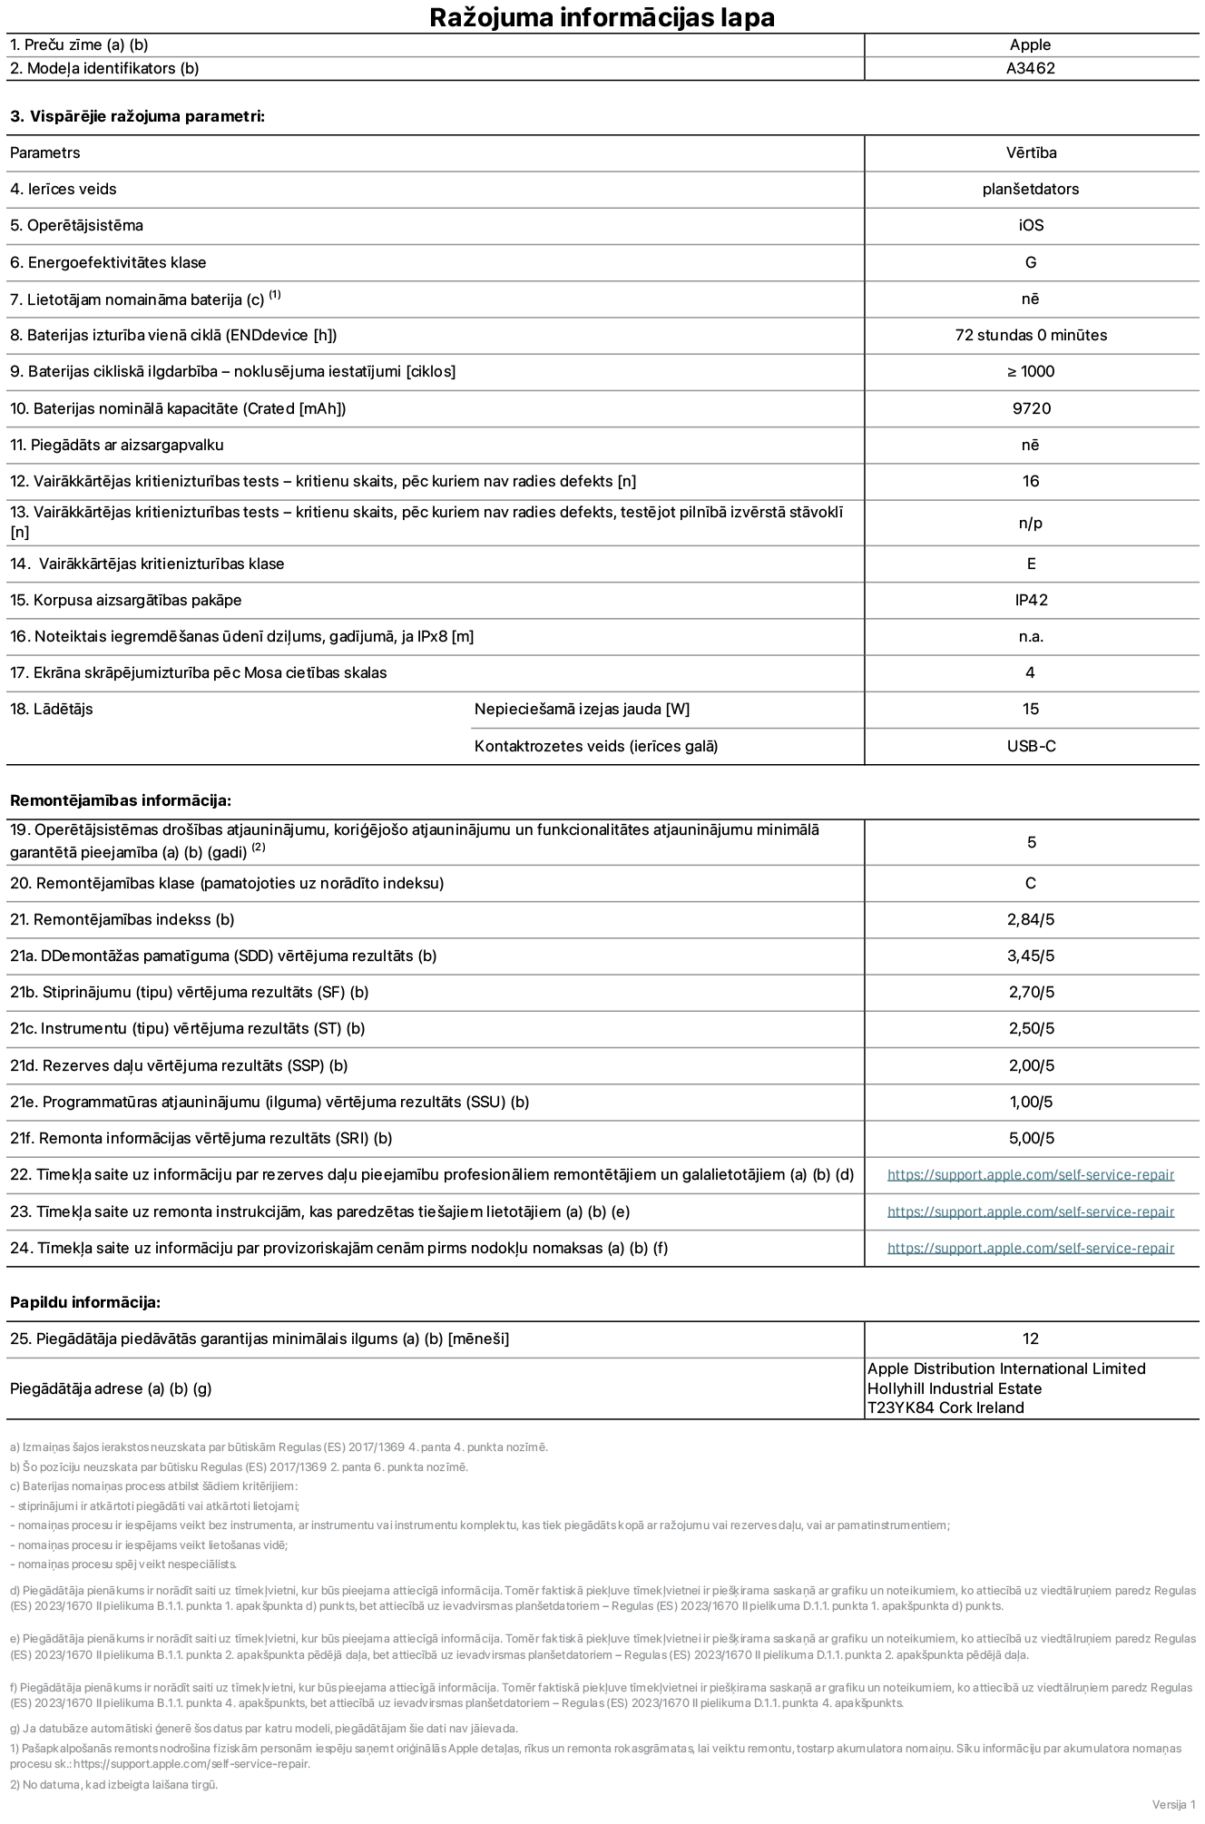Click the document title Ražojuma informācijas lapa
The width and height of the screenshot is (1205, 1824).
tap(602, 17)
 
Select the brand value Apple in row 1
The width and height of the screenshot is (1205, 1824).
tap(1030, 44)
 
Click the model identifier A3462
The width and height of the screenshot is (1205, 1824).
tap(1030, 68)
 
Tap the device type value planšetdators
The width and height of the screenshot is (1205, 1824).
tap(1030, 189)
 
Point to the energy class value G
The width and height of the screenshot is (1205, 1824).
tap(1030, 262)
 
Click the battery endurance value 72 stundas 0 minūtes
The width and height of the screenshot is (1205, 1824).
tap(1030, 335)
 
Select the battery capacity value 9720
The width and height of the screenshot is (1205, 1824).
tap(1031, 408)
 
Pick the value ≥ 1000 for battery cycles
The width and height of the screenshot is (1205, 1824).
tap(1030, 371)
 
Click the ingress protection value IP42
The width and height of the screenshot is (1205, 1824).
tap(1031, 600)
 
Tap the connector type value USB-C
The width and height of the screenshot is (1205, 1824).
tap(1031, 746)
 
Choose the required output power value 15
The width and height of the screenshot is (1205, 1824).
tap(1030, 709)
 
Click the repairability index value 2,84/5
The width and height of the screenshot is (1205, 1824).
tap(1031, 919)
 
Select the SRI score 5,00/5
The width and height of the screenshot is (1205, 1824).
tap(1031, 1138)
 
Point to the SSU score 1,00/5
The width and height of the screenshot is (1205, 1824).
tap(1031, 1102)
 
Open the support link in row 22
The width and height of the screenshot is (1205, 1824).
tap(1030, 1174)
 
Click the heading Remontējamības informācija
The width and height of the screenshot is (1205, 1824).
tap(121, 800)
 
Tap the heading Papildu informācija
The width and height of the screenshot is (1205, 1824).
tap(85, 1302)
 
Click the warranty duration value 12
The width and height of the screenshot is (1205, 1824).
tap(1030, 1339)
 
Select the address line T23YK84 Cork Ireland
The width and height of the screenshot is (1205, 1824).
tap(945, 1407)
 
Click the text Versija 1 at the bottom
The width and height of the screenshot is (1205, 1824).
tap(1173, 1803)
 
